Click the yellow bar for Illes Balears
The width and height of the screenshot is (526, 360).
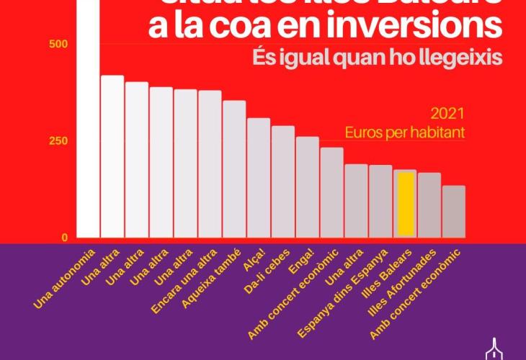point(406,203)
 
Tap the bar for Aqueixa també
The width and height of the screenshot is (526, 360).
point(234,169)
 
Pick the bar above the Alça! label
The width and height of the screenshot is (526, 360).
point(259,178)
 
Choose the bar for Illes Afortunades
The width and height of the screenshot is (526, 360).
point(429,205)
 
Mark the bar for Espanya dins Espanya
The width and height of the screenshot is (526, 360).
point(380,202)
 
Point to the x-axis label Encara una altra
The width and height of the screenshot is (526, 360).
point(184,281)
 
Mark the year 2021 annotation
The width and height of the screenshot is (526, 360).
point(446,114)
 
